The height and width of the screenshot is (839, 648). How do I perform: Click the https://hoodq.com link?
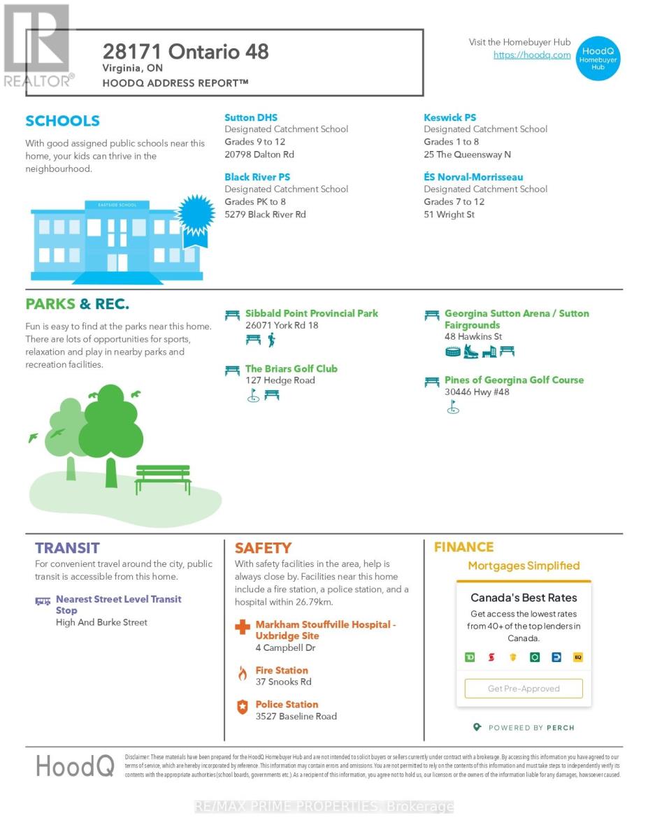tap(532, 55)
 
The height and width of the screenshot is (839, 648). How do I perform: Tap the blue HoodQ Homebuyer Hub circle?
tap(598, 58)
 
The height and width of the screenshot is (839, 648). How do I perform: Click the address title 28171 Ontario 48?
tap(185, 52)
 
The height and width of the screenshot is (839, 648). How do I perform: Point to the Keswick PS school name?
tap(449, 117)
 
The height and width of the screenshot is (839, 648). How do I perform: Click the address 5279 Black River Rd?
tap(265, 215)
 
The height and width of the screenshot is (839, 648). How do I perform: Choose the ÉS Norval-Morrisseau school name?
tap(473, 178)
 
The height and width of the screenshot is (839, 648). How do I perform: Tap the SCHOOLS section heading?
tap(62, 121)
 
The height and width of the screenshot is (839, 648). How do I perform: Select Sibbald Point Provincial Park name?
tap(311, 314)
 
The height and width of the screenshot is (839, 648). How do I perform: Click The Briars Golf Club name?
tap(291, 369)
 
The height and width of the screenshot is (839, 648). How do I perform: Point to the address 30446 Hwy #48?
tap(477, 392)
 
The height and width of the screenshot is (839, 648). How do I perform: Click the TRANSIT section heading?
tap(67, 548)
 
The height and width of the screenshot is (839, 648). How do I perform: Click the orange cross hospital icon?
tap(242, 627)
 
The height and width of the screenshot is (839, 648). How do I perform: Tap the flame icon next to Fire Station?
tap(242, 674)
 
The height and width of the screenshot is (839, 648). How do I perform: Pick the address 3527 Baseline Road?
tap(296, 717)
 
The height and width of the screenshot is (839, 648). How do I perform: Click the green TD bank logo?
tap(470, 657)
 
